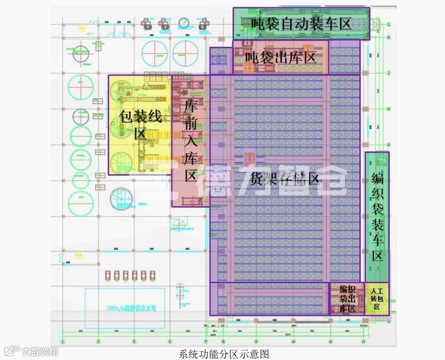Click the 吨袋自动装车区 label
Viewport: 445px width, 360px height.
tap(300, 24)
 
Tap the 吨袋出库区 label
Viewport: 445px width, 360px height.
tap(280, 57)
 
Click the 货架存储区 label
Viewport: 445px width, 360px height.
tap(284, 179)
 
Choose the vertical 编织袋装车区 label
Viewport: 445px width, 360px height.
tap(377, 217)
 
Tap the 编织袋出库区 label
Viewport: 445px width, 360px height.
tap(347, 298)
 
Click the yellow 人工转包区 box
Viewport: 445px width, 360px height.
tap(377, 298)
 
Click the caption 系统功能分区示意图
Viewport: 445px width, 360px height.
tap(224, 353)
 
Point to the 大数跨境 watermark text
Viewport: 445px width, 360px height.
tap(39, 351)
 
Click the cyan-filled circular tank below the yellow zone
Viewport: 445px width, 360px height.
tap(121, 199)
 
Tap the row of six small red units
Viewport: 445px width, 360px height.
tap(130, 275)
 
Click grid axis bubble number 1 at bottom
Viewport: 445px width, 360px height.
tap(63, 341)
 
